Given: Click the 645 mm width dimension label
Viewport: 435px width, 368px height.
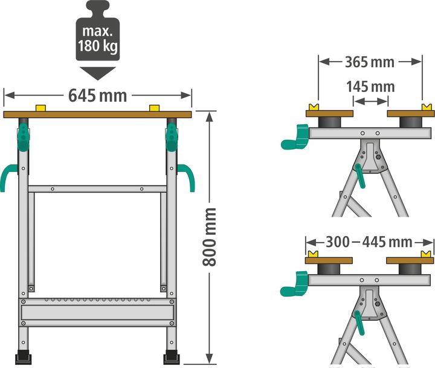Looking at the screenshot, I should [x=97, y=95].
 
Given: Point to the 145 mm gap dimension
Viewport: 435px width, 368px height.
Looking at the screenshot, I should [x=370, y=87].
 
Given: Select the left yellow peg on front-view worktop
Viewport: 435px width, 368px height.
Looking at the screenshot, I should [x=41, y=108].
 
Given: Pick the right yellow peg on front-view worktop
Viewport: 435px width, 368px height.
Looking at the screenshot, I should [x=153, y=108].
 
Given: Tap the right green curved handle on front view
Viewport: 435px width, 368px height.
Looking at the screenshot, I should [x=187, y=176].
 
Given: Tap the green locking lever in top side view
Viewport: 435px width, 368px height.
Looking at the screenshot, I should [x=360, y=175].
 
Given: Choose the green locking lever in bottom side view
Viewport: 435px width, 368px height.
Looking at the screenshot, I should [x=360, y=321].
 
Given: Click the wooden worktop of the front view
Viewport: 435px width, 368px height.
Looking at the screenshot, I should [x=97, y=114].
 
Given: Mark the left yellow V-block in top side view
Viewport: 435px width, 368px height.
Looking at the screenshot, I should [x=314, y=107].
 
